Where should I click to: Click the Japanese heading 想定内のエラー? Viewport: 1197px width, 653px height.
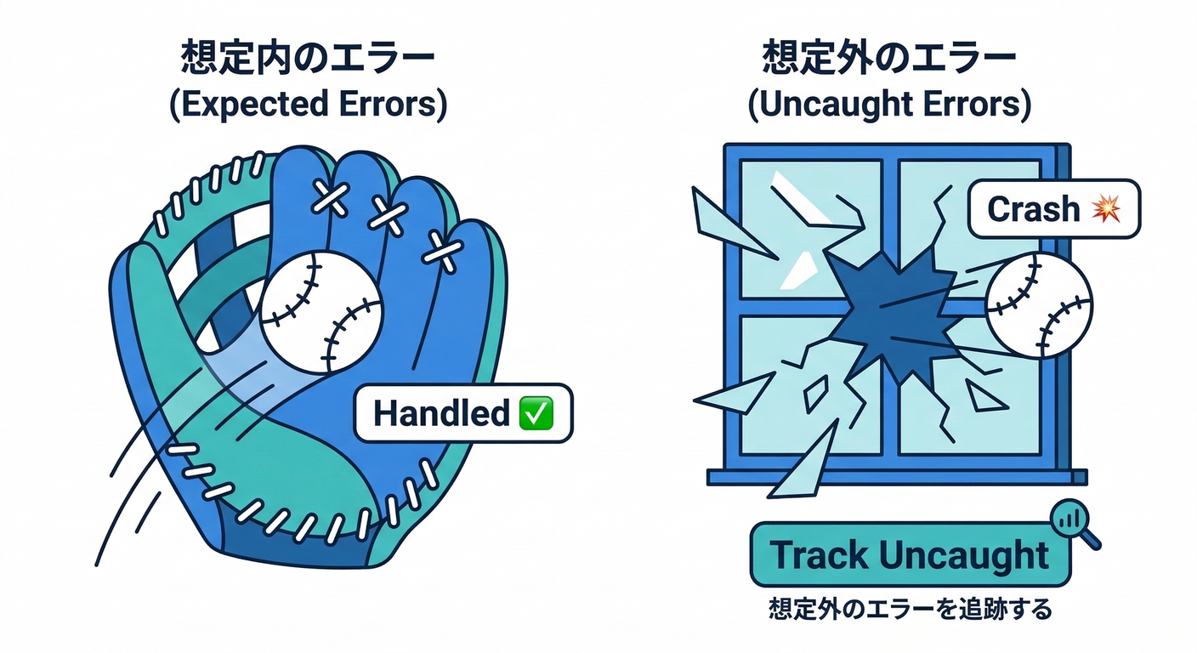point(308,63)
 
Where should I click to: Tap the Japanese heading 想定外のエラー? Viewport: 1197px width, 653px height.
point(889,63)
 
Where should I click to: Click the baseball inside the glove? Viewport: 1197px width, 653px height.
point(321,312)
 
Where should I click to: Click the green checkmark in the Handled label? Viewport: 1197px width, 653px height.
point(536,413)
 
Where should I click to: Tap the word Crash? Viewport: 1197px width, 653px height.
point(1034,208)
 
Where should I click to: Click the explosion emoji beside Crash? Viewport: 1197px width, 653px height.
point(1105,208)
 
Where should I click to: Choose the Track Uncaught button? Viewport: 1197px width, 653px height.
point(910,555)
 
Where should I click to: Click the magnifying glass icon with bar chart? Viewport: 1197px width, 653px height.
point(1073,521)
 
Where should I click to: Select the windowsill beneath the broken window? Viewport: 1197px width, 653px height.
point(897,477)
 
